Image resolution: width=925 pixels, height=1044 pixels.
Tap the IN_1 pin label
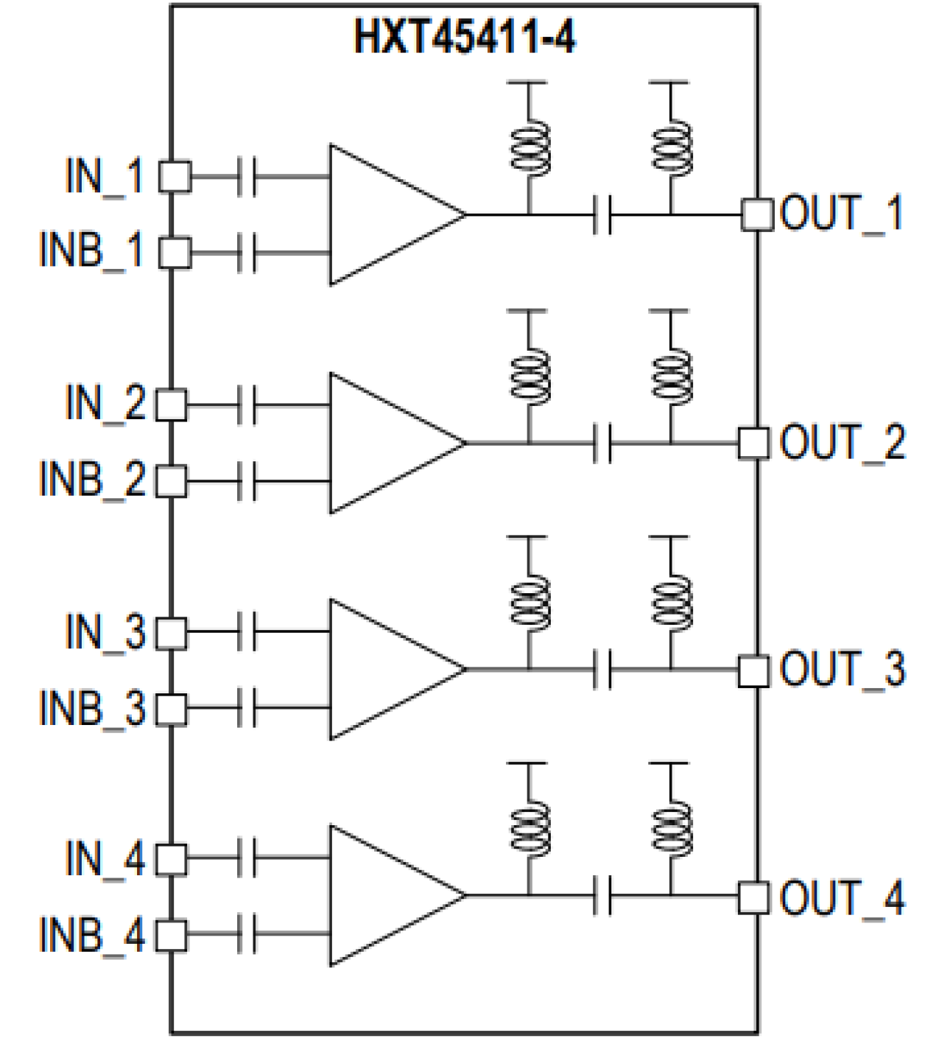coord(104,177)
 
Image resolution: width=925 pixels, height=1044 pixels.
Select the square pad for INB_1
coord(175,253)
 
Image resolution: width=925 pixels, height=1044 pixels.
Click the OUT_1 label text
coord(841,214)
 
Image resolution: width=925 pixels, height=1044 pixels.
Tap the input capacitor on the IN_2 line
coord(247,404)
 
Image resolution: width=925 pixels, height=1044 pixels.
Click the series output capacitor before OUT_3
coord(602,670)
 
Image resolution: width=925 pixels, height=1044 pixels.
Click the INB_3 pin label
coord(92,708)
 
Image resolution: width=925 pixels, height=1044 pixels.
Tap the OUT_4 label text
coord(842,897)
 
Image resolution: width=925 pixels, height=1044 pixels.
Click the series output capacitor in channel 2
coord(602,444)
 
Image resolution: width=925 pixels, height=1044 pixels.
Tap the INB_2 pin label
coord(92,479)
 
